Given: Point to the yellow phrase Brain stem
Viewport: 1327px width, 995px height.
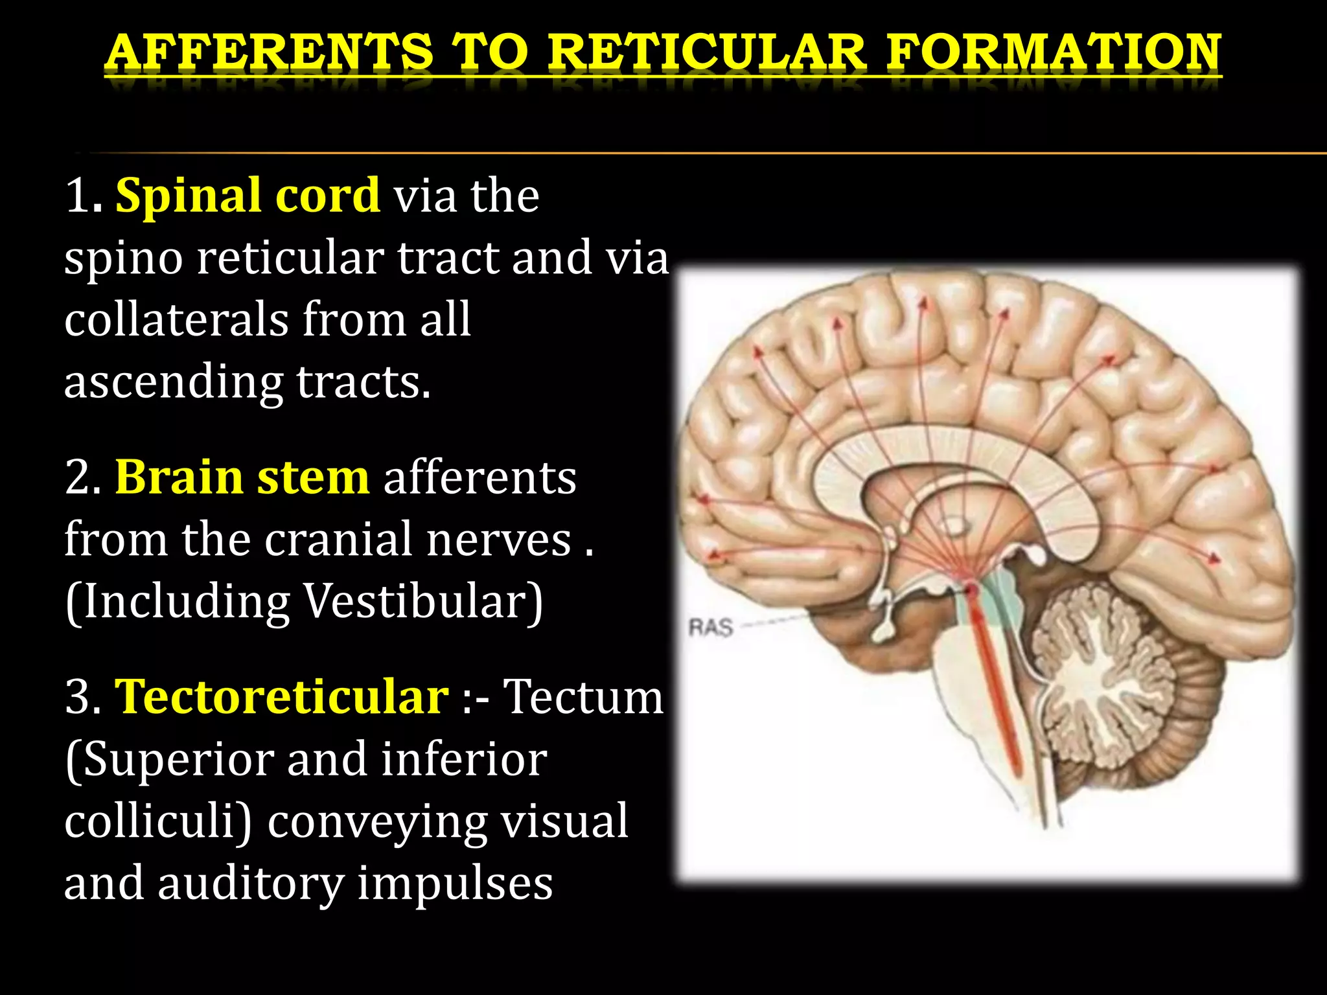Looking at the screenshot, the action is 242,477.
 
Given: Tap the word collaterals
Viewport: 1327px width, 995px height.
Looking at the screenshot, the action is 176,319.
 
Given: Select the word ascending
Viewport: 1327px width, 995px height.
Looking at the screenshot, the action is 173,382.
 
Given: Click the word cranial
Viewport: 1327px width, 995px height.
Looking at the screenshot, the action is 338,539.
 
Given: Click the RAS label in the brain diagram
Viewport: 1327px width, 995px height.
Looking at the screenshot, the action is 710,628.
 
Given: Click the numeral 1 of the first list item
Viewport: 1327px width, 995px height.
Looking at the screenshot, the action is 78,196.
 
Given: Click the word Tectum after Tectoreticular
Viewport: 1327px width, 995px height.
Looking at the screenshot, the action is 584,697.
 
